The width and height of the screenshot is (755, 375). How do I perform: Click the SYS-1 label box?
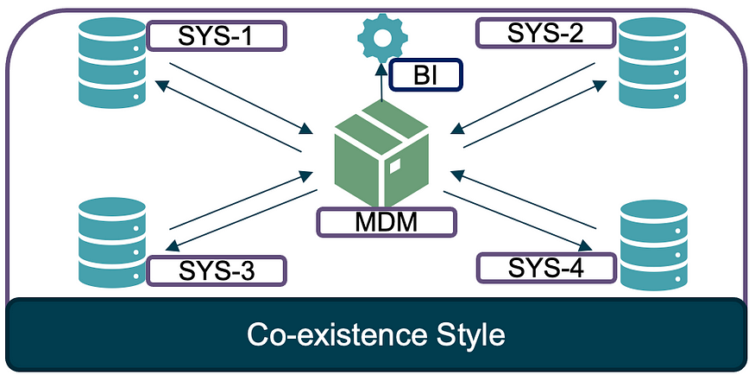tap(216, 35)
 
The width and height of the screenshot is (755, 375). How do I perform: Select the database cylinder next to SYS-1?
tap(110, 59)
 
